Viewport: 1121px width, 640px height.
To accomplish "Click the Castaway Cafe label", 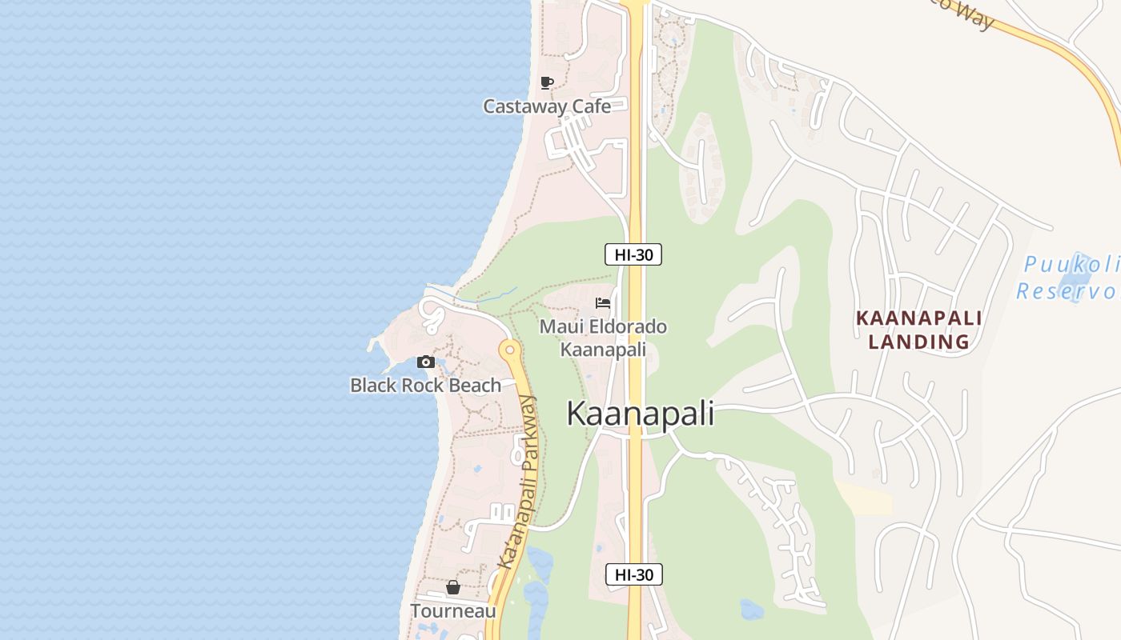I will click(x=547, y=106).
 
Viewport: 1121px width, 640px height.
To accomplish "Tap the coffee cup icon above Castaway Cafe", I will click(x=547, y=82).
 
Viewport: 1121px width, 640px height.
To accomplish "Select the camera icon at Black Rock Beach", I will click(x=426, y=362).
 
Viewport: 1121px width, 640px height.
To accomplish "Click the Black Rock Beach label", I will click(x=425, y=385).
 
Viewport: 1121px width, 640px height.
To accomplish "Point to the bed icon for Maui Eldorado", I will click(x=603, y=303).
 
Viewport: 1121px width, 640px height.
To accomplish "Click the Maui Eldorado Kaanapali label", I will click(x=603, y=338).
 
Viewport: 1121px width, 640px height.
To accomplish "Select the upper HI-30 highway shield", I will click(x=633, y=255).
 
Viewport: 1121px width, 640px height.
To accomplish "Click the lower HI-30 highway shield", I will click(x=633, y=574).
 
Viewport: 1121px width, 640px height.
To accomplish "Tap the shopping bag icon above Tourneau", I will click(x=453, y=588).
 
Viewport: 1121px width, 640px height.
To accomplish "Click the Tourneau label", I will click(x=453, y=611).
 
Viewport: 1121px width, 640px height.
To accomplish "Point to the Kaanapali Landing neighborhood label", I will click(x=918, y=330).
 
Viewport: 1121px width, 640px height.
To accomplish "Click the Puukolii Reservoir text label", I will click(x=1069, y=277).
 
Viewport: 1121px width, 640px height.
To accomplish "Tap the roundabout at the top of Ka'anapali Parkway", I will click(x=509, y=350).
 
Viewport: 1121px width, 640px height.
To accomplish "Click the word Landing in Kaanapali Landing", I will click(x=918, y=342).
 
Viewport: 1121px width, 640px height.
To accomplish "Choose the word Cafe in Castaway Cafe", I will click(x=591, y=106).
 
